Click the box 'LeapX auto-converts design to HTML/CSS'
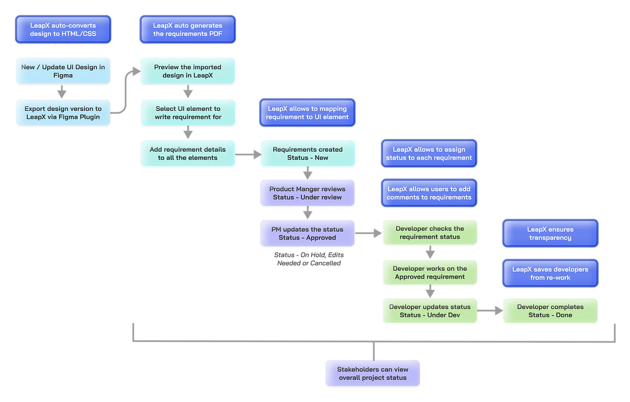coord(63,30)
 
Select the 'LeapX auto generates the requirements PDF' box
coord(188,30)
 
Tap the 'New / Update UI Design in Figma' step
coord(63,71)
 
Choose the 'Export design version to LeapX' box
coord(63,112)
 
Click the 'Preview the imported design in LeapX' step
coord(188,71)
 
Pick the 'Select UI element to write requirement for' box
coord(188,112)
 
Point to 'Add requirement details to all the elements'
coord(188,153)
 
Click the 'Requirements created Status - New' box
coord(308,153)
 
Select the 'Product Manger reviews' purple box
coord(307,193)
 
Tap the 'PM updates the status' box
coord(307,233)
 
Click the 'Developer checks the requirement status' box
coord(430,233)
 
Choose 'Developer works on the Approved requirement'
coord(430,273)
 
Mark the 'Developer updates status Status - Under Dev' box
coord(430,311)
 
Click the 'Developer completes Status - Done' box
coord(550,311)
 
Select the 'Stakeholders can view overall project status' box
coord(373,373)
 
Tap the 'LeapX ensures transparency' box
coord(550,233)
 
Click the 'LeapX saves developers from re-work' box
coord(550,273)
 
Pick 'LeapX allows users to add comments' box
coord(429,193)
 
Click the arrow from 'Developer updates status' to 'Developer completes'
coord(490,311)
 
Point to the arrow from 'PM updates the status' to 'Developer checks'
coord(369,233)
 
